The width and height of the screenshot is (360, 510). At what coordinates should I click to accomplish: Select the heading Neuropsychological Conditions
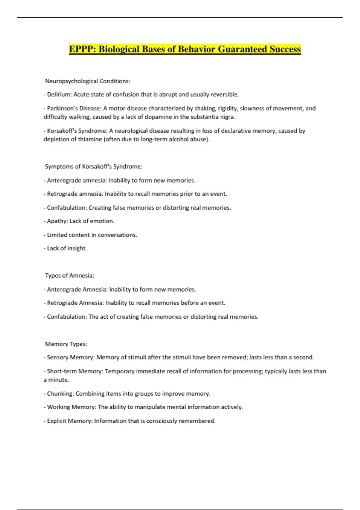88,81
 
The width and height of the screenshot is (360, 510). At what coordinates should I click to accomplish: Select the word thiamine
88,139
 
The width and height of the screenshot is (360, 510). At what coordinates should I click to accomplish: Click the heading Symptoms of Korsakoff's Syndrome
94,166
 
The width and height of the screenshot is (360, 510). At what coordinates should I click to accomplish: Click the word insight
77,248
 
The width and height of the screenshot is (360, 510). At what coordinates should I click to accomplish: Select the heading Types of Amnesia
70,275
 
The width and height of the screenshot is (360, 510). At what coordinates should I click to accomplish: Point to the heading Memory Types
66,344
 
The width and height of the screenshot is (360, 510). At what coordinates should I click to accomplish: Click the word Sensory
58,357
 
